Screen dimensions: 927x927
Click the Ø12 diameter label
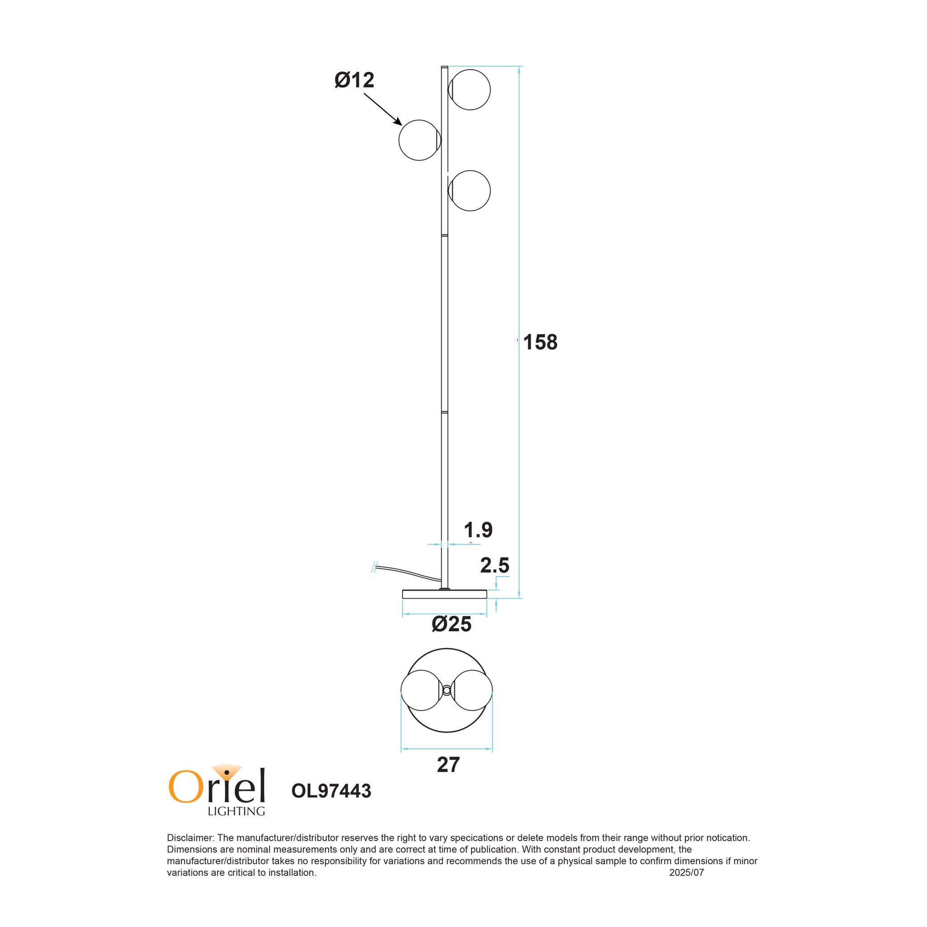[354, 80]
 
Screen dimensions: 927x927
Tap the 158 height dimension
[540, 343]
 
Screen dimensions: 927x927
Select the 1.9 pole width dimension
[478, 530]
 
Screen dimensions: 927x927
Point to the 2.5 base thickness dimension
[494, 566]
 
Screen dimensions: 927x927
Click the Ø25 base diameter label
[451, 624]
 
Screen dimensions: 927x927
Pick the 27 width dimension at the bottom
[448, 765]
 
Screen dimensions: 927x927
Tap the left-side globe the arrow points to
[419, 140]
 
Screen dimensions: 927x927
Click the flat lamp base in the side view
[445, 595]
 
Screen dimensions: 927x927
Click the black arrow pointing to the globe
[383, 109]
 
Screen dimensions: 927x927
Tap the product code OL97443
[331, 791]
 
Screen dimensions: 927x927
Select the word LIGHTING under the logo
[236, 811]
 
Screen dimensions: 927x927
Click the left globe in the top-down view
[421, 691]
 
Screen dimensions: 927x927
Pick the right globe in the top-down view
[472, 691]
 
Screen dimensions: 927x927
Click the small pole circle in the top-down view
[446, 691]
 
